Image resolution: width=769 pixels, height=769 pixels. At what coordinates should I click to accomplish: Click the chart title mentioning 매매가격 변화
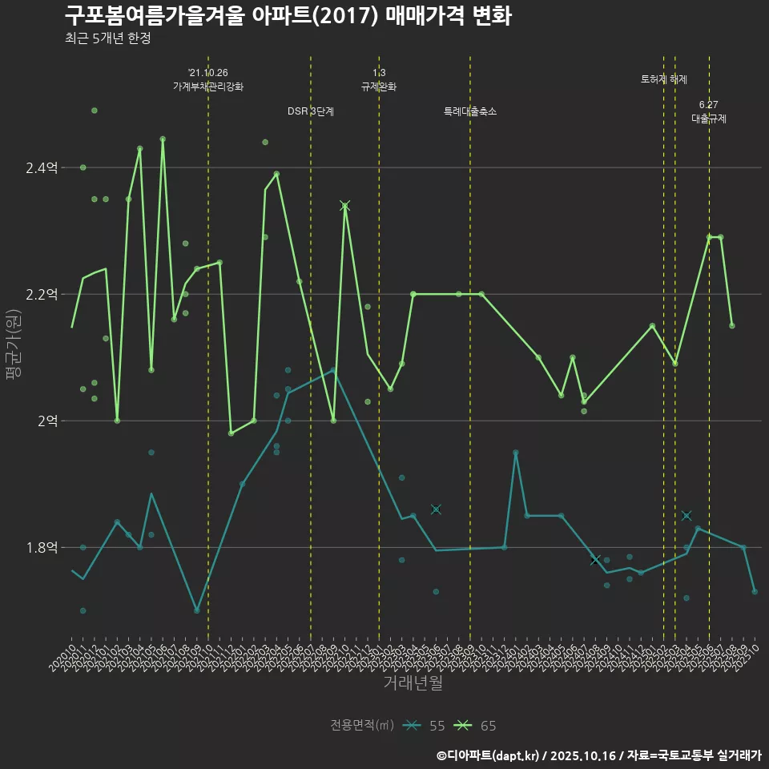pyautogui.click(x=288, y=16)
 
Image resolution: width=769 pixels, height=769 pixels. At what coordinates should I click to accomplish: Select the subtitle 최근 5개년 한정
pyautogui.click(x=107, y=38)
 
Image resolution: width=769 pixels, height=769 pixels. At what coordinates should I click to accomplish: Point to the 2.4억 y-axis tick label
pyautogui.click(x=42, y=167)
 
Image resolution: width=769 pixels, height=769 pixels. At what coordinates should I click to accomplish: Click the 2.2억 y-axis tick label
pyautogui.click(x=42, y=294)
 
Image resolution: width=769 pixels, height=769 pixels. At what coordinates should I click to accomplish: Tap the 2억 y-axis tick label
pyautogui.click(x=46, y=421)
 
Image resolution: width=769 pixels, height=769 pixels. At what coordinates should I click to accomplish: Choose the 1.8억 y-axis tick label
pyautogui.click(x=42, y=548)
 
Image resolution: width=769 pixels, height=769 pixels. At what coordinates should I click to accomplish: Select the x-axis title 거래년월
pyautogui.click(x=413, y=683)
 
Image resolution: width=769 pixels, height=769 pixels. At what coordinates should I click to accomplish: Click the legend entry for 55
pyautogui.click(x=425, y=726)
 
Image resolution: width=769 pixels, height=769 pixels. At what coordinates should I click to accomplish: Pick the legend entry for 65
pyautogui.click(x=475, y=726)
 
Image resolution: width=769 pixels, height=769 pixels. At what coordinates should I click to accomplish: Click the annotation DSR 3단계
pyautogui.click(x=311, y=111)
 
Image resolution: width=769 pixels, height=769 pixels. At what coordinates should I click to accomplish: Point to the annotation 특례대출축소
pyautogui.click(x=470, y=111)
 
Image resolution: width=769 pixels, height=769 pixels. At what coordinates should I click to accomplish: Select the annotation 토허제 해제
pyautogui.click(x=663, y=79)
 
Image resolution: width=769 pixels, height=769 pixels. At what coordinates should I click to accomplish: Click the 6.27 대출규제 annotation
pyautogui.click(x=709, y=111)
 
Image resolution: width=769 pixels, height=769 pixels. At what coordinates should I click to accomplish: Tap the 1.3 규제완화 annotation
pyautogui.click(x=379, y=79)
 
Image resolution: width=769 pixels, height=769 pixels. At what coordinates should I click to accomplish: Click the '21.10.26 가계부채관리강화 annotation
pyautogui.click(x=208, y=79)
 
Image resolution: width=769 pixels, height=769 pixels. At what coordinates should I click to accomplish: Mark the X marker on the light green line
pyautogui.click(x=345, y=206)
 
